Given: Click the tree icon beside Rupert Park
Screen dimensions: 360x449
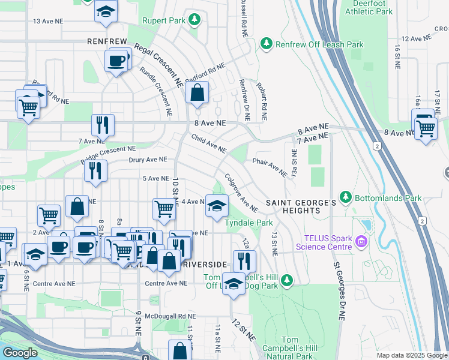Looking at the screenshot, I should pyautogui.click(x=194, y=20).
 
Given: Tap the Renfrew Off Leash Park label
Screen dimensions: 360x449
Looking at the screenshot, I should pyautogui.click(x=319, y=44).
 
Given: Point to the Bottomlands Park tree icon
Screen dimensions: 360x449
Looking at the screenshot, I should pyautogui.click(x=345, y=197).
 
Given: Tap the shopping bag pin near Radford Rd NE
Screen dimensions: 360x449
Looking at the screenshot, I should pyautogui.click(x=197, y=93).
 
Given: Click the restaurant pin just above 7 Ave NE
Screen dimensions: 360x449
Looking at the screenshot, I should pyautogui.click(x=103, y=125).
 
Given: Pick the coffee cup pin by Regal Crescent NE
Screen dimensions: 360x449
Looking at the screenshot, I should pyautogui.click(x=116, y=60).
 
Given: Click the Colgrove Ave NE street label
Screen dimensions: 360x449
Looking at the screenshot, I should pyautogui.click(x=241, y=193).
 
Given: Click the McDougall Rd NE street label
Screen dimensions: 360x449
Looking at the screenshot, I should pyautogui.click(x=172, y=316).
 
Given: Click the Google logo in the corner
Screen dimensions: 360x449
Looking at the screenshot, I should pyautogui.click(x=20, y=353).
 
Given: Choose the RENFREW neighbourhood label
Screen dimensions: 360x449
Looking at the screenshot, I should pyautogui.click(x=107, y=41).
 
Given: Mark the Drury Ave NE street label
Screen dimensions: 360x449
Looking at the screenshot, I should pyautogui.click(x=148, y=160).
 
